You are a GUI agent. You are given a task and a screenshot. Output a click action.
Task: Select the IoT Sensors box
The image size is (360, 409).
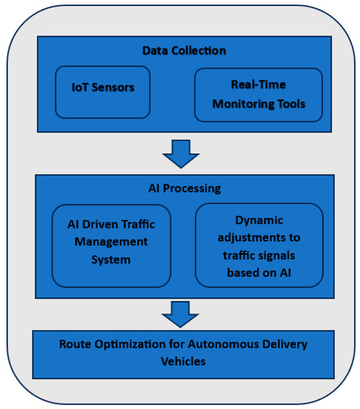(103, 92)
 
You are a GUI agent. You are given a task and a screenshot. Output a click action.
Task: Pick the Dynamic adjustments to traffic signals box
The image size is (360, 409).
(259, 245)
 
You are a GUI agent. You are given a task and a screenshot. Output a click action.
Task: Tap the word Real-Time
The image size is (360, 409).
(259, 85)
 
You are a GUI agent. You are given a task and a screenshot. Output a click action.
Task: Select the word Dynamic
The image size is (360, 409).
(259, 221)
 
